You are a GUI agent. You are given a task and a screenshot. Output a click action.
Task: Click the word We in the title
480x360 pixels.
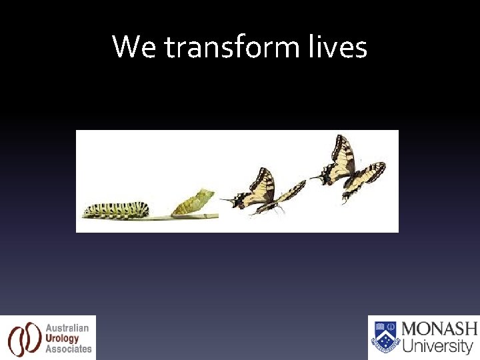pos(135,47)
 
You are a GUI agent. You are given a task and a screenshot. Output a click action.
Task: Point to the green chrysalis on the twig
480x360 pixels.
pos(193,202)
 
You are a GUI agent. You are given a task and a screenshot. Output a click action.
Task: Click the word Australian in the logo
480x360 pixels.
pos(67,328)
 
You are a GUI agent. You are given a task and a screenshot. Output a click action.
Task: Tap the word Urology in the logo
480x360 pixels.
pos(63,338)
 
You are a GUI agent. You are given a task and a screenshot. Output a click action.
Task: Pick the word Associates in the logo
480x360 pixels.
pos(69,349)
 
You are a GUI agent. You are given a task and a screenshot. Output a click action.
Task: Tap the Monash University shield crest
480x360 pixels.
pos(385,337)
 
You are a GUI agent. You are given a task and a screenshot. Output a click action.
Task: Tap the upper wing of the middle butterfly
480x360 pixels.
pos(263,183)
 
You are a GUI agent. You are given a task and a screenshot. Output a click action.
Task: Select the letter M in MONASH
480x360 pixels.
pos(412,329)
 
